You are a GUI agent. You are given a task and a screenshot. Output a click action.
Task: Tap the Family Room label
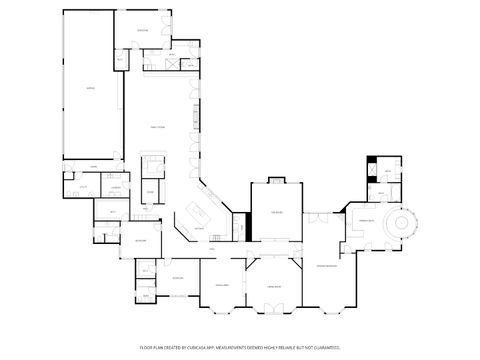(157, 128)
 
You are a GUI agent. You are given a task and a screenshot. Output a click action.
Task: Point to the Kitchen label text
(199, 229)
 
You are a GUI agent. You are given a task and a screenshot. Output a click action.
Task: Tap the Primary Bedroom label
(327, 265)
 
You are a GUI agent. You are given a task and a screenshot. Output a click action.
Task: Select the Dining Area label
(222, 286)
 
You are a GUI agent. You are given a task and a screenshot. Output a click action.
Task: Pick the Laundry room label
(116, 187)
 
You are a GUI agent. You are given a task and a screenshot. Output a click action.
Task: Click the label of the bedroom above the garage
(143, 31)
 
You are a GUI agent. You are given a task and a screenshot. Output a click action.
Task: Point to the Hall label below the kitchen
(212, 248)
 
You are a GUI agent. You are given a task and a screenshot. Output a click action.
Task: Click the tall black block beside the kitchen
(240, 226)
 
